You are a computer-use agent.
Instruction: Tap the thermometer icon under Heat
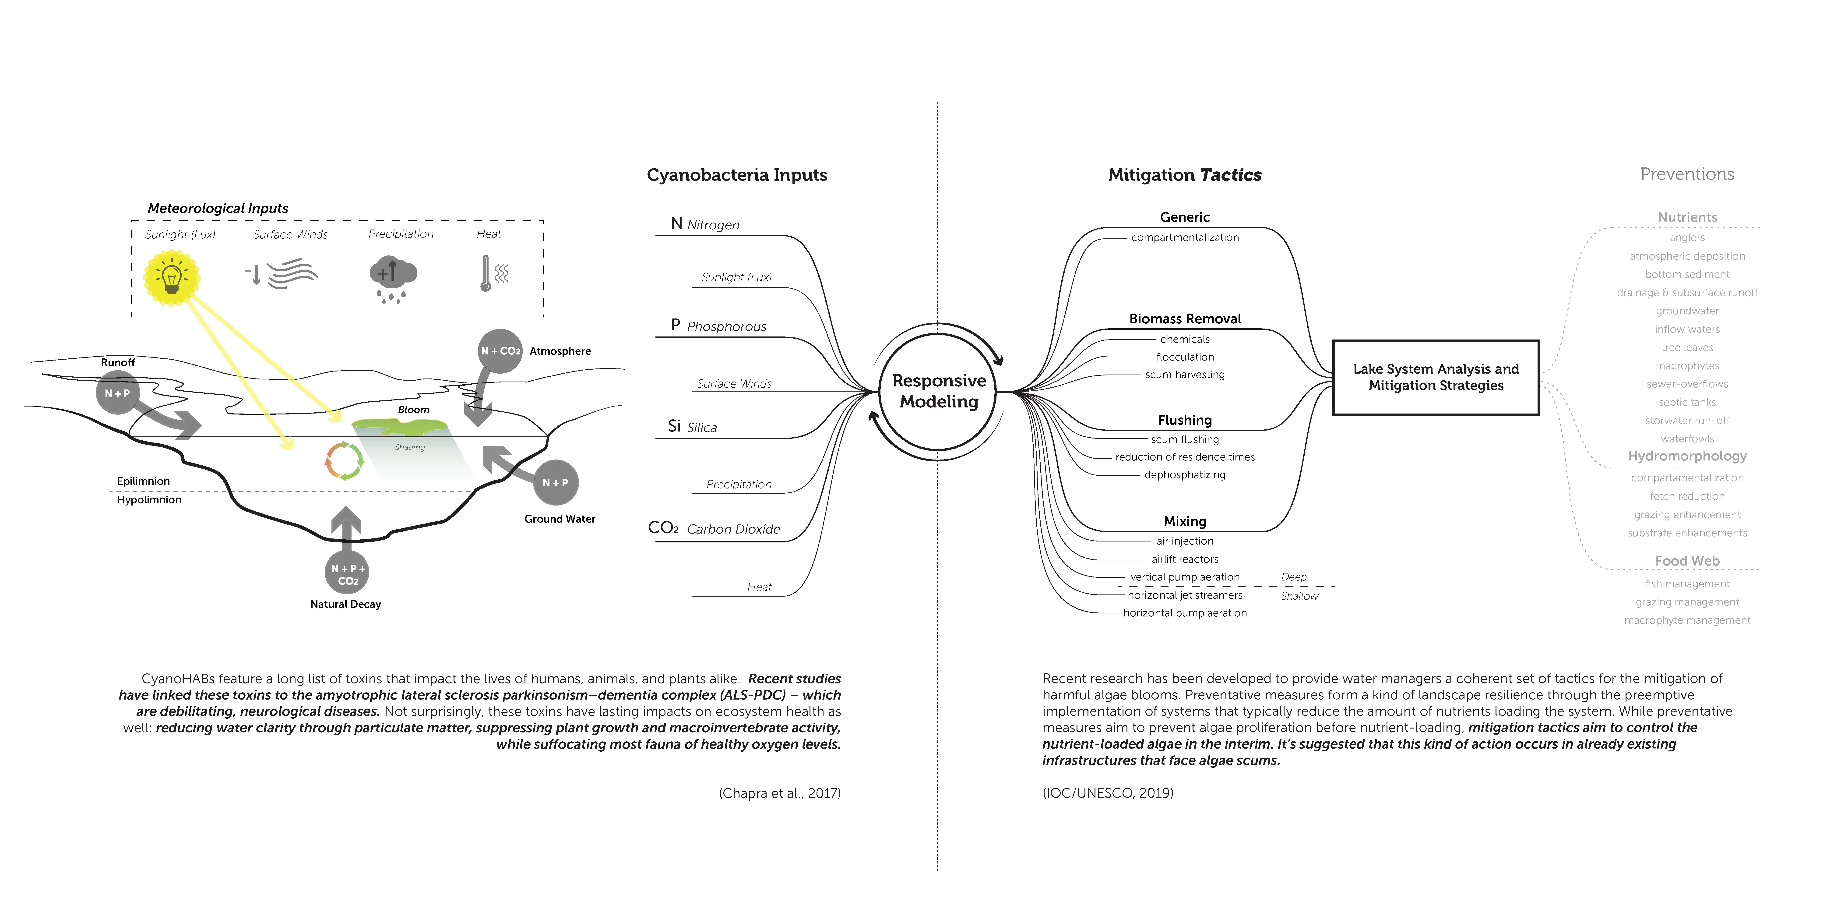click(x=486, y=273)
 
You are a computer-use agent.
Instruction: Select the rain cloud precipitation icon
click(x=392, y=276)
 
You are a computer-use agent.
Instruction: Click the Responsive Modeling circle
click(x=938, y=391)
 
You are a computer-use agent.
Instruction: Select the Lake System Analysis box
click(x=1436, y=377)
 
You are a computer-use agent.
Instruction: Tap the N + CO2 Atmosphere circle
click(x=500, y=351)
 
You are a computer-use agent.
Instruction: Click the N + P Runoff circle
click(x=118, y=393)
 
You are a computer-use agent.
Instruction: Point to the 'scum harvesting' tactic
click(x=1184, y=375)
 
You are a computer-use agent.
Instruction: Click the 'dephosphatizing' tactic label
click(x=1184, y=475)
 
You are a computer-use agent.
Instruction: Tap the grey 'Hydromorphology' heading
click(x=1686, y=456)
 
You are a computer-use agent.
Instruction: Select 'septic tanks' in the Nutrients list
click(x=1686, y=403)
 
